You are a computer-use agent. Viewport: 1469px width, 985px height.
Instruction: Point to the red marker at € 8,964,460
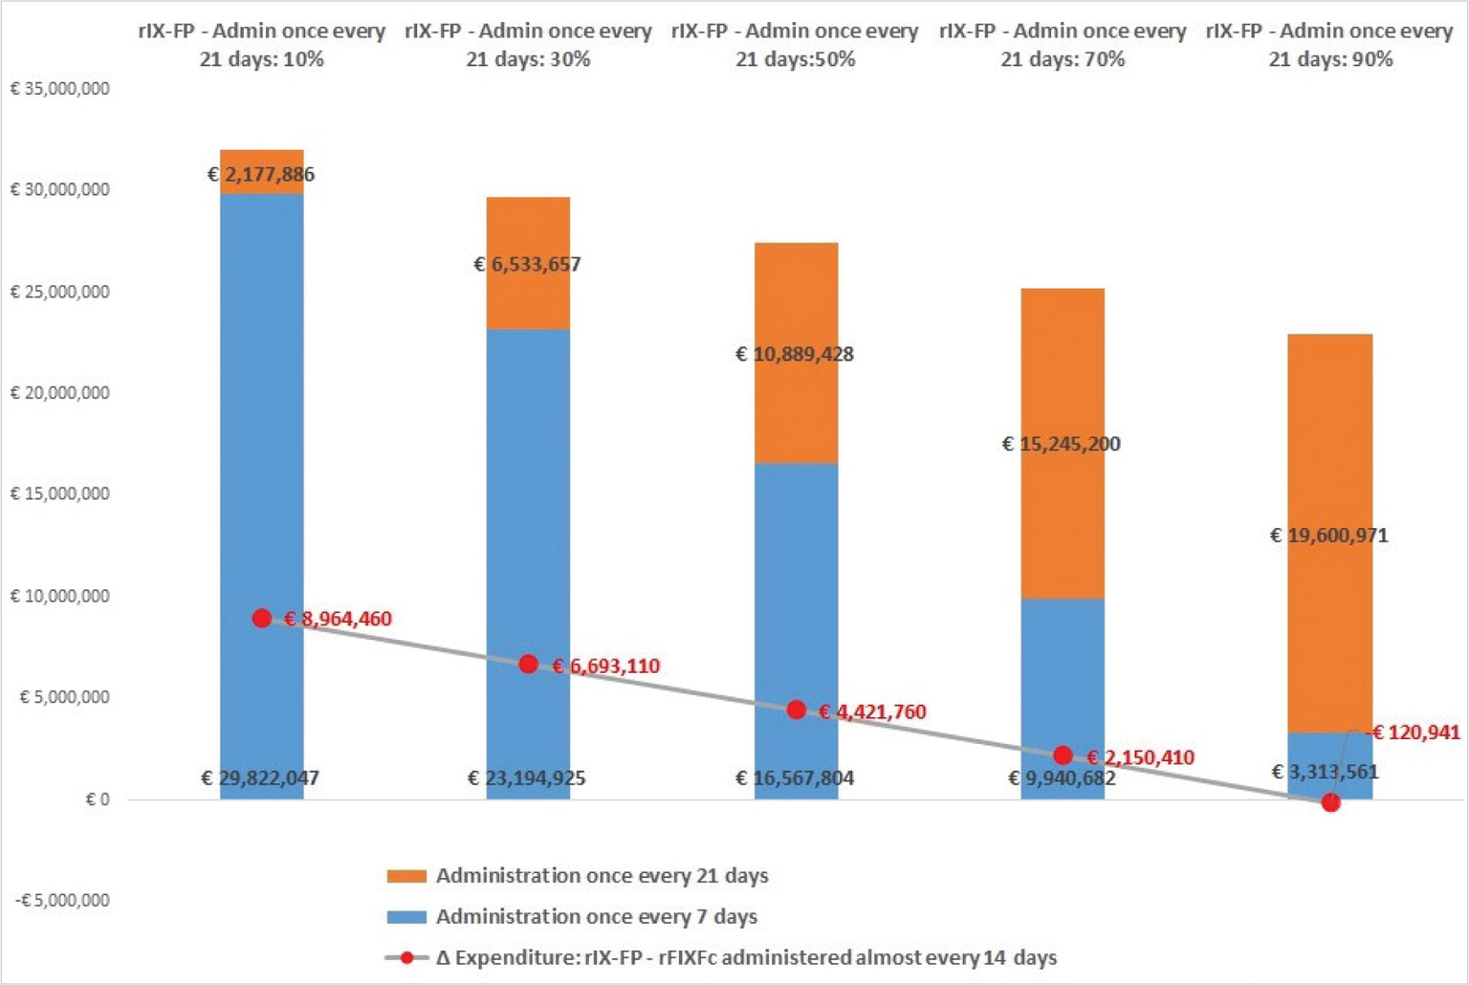pos(262,619)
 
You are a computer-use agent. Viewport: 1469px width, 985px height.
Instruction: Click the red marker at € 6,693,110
pos(528,665)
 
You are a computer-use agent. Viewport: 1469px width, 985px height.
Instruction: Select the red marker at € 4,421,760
pos(796,711)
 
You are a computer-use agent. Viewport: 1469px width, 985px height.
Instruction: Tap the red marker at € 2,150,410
pos(1063,755)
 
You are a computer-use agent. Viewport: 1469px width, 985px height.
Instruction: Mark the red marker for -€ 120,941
pos(1330,803)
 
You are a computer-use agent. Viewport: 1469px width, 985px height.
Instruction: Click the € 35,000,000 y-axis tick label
pos(59,89)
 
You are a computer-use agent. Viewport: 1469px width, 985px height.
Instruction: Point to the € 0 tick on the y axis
pos(97,799)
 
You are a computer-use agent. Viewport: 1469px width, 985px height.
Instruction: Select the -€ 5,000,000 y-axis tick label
pos(62,901)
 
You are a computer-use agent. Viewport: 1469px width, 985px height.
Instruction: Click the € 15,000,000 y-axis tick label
pos(59,494)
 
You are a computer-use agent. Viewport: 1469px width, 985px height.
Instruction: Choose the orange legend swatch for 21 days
pos(406,876)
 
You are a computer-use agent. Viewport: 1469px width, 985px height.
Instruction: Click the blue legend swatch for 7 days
pos(406,917)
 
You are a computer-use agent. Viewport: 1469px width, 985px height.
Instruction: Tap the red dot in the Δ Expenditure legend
pos(406,957)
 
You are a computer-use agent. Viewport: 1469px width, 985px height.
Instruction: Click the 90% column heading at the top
pos(1329,45)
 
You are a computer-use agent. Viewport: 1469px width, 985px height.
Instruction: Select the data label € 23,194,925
pos(526,778)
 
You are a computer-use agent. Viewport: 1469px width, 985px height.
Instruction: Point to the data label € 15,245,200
pos(1061,444)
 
